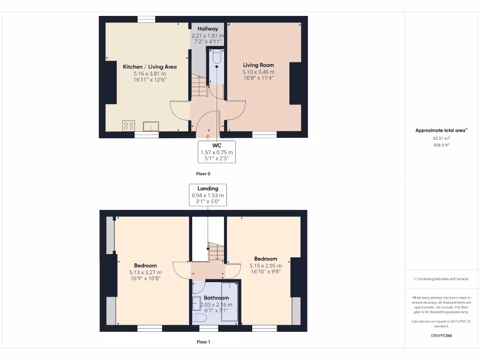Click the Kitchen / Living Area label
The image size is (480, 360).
[150, 67]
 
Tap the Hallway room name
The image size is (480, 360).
[208, 29]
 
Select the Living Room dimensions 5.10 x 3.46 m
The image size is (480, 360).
[258, 72]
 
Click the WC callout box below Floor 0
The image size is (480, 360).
[217, 152]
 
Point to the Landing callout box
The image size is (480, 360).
[208, 195]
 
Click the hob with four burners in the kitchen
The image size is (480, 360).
[128, 126]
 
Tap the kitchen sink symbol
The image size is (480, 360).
[151, 126]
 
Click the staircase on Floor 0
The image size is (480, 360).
[199, 87]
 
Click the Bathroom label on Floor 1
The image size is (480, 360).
[216, 298]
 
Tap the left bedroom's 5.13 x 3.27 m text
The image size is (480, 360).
[145, 272]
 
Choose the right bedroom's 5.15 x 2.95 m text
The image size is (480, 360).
[265, 265]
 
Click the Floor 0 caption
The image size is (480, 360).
[203, 173]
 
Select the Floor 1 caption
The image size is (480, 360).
[203, 342]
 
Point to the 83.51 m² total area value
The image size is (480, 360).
[441, 138]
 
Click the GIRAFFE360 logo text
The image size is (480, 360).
[441, 336]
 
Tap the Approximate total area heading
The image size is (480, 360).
[441, 130]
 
